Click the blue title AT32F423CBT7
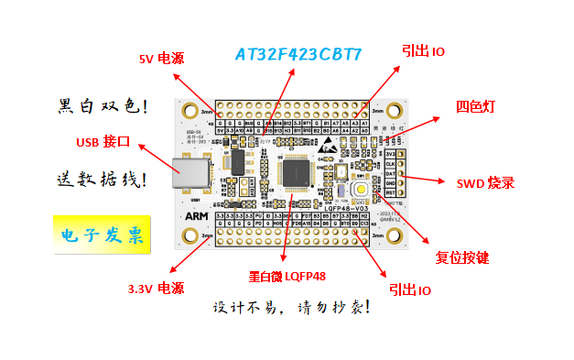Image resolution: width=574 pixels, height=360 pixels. [x=298, y=54]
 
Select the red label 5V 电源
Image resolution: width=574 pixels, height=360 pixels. [x=161, y=59]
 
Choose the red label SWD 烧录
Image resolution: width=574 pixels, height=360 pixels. [x=486, y=182]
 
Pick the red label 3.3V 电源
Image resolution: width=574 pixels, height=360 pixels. [x=156, y=288]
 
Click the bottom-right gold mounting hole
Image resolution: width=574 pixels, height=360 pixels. [x=395, y=236]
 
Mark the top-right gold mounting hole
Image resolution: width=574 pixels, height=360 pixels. [x=395, y=110]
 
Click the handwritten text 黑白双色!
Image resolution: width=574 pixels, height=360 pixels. [x=102, y=105]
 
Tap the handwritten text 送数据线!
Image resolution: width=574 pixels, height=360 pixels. [x=102, y=179]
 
